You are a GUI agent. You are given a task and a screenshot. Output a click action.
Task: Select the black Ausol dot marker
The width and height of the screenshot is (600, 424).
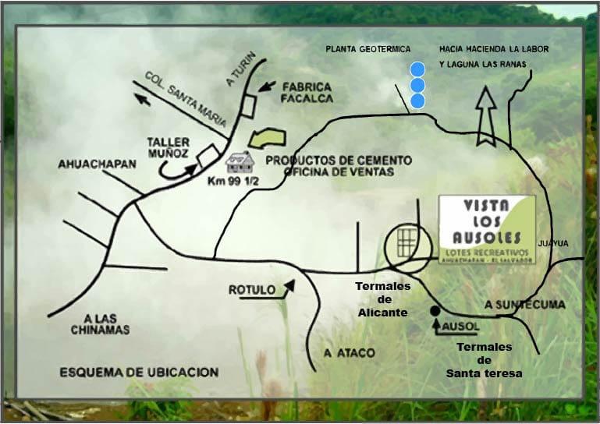click(x=435, y=311)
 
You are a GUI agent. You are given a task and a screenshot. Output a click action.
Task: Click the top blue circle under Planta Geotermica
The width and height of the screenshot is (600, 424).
click(x=418, y=69)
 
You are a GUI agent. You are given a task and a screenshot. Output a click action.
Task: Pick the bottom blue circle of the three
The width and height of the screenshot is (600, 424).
click(x=418, y=101)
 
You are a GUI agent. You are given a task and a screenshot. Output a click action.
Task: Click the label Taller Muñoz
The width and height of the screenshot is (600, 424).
click(x=168, y=147)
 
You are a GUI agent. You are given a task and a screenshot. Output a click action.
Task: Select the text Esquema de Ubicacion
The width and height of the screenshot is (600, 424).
click(x=139, y=373)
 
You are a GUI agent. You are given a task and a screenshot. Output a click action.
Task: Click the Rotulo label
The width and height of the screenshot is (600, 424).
click(x=251, y=290)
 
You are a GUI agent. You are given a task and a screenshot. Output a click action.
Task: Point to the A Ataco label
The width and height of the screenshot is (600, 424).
click(x=350, y=353)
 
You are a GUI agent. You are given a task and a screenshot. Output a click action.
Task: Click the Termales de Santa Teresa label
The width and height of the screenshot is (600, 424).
click(x=484, y=360)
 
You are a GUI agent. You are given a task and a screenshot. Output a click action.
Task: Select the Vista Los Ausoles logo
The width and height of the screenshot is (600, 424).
click(x=487, y=229)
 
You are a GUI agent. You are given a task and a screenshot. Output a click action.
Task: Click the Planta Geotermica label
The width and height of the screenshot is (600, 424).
click(x=367, y=49)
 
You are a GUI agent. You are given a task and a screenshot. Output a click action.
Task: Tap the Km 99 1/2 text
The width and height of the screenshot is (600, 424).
click(x=238, y=181)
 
